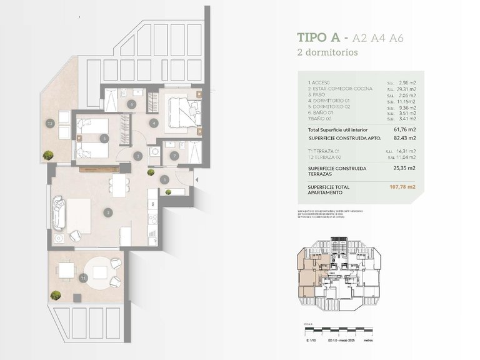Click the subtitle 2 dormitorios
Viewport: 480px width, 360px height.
click(x=327, y=52)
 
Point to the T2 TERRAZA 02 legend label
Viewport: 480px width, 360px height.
click(x=329, y=156)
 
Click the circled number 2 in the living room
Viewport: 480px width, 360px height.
click(x=108, y=213)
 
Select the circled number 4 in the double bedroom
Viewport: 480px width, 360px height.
click(x=154, y=123)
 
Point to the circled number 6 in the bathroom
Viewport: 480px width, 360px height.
click(x=131, y=104)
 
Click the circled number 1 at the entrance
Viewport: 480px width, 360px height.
click(x=164, y=180)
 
